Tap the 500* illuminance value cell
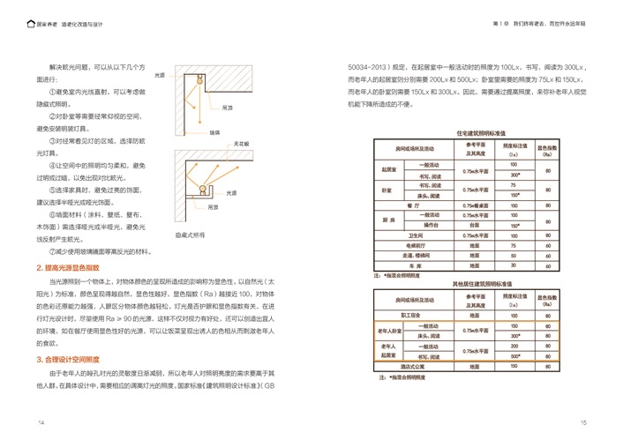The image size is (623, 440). [x=514, y=356]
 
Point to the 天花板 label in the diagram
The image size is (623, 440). [x=238, y=143]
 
